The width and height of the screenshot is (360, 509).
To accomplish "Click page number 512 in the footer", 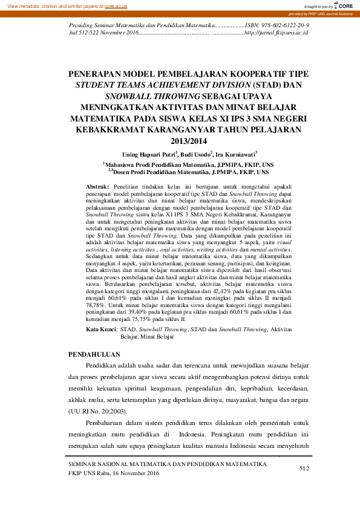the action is pyautogui.click(x=304, y=468).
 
